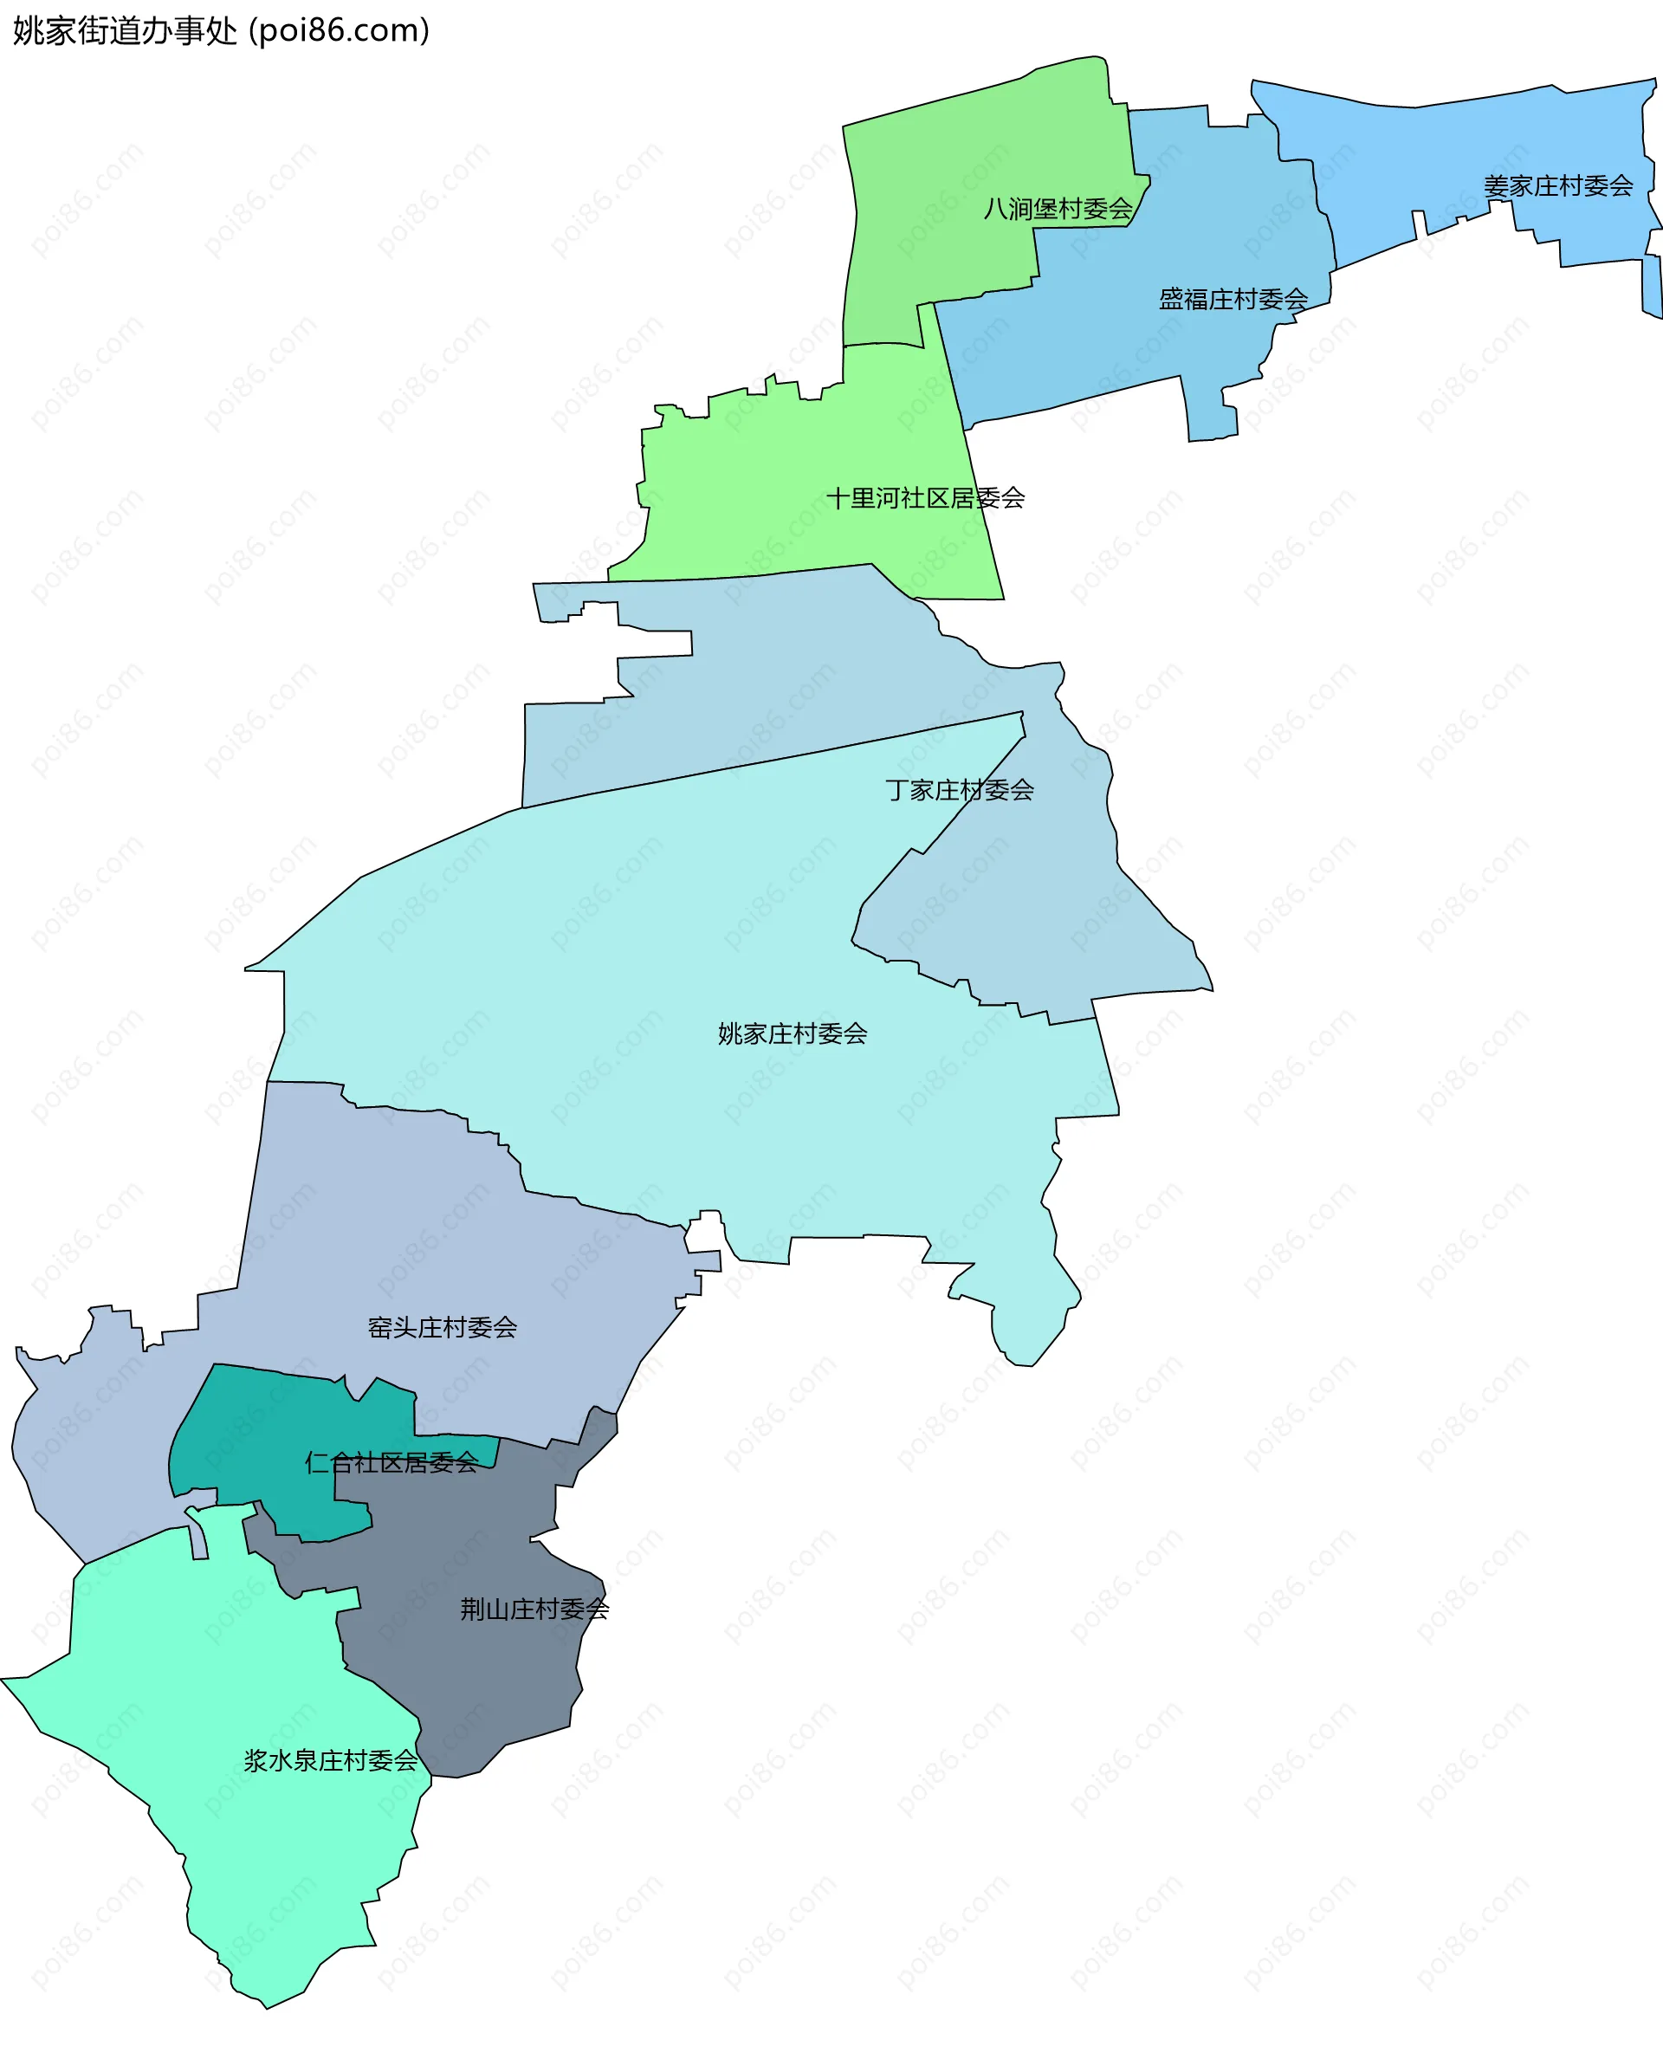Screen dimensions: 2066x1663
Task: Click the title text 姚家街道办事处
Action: [x=125, y=32]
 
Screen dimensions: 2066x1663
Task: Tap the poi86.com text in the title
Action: [x=340, y=32]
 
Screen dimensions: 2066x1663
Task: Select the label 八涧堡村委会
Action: [x=1058, y=209]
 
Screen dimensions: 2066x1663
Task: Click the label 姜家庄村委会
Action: [x=1557, y=186]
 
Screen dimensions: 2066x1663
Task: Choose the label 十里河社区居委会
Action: [x=925, y=498]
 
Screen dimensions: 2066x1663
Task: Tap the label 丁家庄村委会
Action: [x=959, y=791]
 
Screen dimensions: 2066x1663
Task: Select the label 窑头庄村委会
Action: [x=443, y=1328]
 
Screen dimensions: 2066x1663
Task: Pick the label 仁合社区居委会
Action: [x=391, y=1463]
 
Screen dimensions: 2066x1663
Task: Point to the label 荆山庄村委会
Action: [x=534, y=1609]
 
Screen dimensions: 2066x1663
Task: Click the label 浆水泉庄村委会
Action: [x=331, y=1761]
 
